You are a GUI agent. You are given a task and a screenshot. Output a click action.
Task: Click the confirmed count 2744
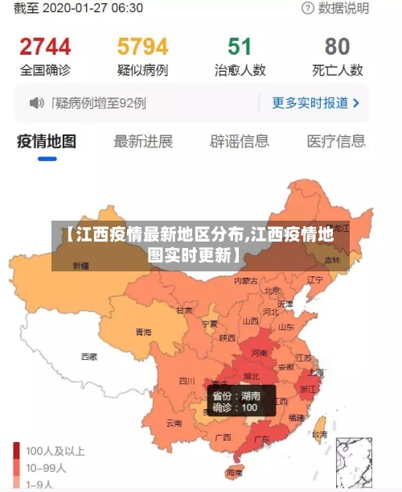click(x=45, y=46)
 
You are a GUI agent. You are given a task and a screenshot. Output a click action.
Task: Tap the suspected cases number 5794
click(x=142, y=46)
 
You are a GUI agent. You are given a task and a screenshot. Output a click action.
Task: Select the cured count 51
click(x=240, y=46)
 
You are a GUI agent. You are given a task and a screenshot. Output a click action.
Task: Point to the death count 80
click(x=338, y=46)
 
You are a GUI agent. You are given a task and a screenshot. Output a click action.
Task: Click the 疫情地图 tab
click(x=47, y=142)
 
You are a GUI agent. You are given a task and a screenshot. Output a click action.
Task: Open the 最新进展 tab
click(x=143, y=142)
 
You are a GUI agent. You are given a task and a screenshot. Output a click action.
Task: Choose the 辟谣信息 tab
click(x=240, y=142)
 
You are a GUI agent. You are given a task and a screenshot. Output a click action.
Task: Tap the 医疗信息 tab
click(x=336, y=142)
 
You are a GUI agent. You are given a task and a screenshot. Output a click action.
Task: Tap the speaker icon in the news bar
click(x=36, y=103)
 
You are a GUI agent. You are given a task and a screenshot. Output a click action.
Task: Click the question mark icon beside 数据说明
click(x=308, y=8)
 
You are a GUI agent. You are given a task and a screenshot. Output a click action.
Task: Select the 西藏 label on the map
click(x=88, y=356)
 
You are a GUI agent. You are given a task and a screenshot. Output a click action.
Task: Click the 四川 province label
click(x=187, y=380)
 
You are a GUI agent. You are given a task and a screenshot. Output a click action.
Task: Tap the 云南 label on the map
click(x=174, y=422)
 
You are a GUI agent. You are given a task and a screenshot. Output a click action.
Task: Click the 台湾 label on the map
click(x=319, y=434)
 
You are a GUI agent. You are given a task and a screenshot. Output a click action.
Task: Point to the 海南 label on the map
click(x=234, y=472)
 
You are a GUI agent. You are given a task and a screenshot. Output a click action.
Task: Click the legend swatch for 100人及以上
click(x=16, y=450)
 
